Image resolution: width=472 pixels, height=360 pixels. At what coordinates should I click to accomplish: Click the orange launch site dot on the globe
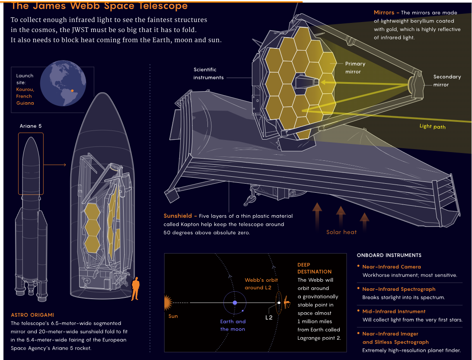(x=72, y=91)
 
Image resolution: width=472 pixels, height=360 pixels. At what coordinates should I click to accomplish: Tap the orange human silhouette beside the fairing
(x=135, y=289)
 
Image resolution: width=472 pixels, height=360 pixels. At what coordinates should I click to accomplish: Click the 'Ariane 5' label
(x=31, y=126)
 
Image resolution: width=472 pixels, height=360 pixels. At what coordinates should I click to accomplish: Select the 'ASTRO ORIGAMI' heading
(x=32, y=315)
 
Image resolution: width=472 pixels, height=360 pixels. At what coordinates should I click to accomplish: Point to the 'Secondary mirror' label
(x=447, y=81)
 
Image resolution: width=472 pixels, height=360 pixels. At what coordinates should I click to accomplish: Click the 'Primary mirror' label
(x=355, y=68)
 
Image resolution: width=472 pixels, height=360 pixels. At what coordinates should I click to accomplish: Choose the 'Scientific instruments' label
(x=208, y=73)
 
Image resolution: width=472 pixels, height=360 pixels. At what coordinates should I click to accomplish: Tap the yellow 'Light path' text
(x=433, y=127)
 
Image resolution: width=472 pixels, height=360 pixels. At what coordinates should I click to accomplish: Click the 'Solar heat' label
(x=341, y=232)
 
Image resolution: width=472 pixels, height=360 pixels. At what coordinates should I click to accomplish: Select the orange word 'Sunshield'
(x=178, y=216)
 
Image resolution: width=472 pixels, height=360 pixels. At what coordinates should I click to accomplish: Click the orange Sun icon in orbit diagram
(x=168, y=303)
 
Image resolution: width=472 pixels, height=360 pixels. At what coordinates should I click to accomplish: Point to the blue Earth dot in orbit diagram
(x=235, y=303)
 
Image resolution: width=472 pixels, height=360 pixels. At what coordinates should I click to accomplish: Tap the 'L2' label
(x=269, y=317)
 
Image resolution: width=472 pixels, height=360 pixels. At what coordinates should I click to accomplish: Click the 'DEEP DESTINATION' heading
(x=314, y=268)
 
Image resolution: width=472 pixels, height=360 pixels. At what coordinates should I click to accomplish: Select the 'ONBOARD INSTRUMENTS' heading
(x=389, y=255)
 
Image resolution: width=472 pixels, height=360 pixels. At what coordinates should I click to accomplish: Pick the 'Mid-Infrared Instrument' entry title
(x=394, y=311)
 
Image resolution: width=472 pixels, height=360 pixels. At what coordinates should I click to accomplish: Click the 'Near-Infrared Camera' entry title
(x=391, y=267)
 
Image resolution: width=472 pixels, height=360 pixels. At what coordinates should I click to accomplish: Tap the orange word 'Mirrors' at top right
(x=384, y=13)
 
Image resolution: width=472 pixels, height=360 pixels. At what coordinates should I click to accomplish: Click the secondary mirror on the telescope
(x=410, y=85)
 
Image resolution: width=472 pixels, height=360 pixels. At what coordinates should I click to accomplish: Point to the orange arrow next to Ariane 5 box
(x=55, y=165)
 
